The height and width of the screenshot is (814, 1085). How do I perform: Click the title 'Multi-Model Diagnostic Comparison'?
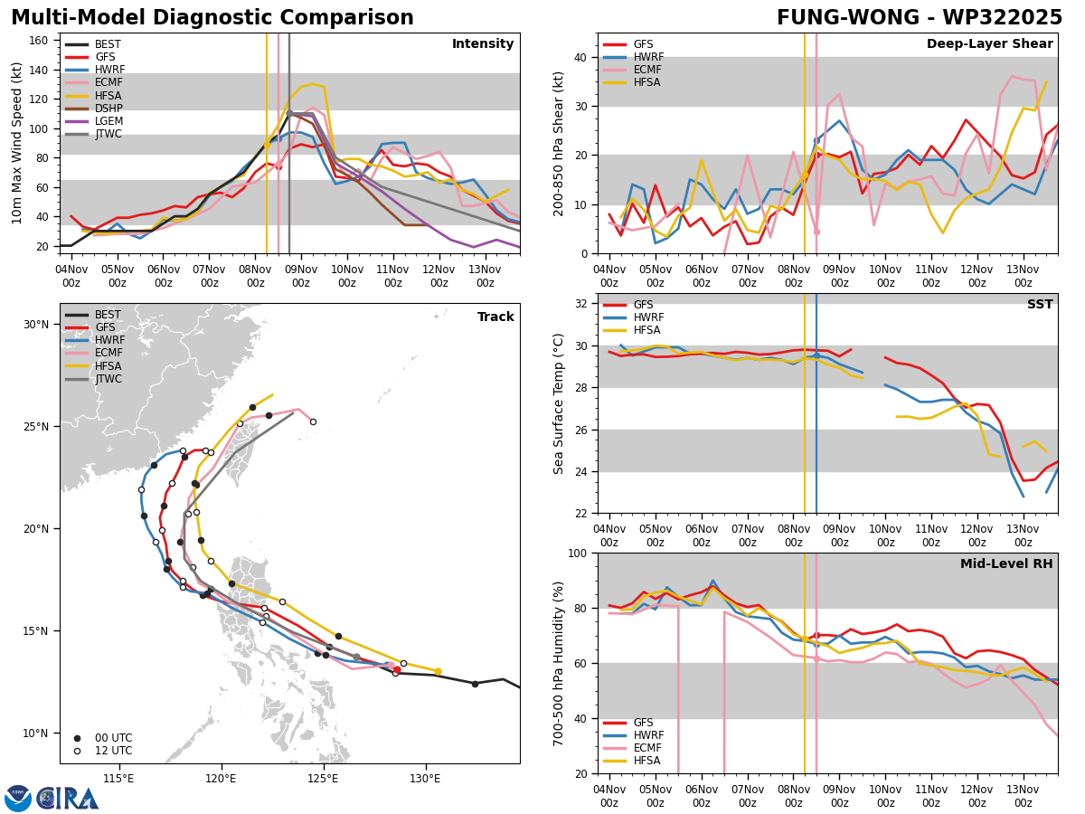coord(212,17)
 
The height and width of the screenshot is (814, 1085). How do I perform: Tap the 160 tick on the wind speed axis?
coord(38,41)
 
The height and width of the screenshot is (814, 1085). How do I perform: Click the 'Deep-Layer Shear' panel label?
coord(989,43)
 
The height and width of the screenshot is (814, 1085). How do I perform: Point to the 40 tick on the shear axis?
coord(580,57)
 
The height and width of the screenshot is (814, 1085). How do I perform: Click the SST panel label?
coord(1040,304)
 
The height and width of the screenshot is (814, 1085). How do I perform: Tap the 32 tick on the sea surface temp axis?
coord(580,304)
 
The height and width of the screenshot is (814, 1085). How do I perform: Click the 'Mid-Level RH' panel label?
coord(1006,563)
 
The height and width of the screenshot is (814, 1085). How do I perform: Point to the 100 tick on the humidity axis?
coord(578,553)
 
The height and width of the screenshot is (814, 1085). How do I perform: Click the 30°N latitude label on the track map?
coord(36,324)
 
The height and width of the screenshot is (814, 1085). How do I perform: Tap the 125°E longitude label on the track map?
coord(324,779)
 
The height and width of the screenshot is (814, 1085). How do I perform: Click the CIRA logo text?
coord(67,799)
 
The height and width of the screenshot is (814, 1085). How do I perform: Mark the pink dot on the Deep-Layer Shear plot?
coord(816,232)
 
